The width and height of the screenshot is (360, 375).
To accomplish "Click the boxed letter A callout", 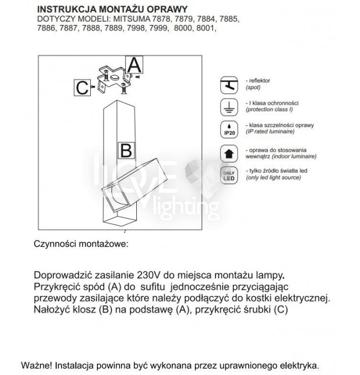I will coord(135,65).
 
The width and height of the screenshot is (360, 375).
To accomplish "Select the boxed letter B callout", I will coord(126,150).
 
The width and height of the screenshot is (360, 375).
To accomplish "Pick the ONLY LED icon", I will coord(229,174).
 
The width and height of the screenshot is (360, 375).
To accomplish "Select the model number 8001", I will coord(202,27).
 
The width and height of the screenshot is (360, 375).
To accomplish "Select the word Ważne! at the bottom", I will coord(37,366).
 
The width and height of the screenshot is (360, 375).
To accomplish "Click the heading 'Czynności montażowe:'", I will coord(80,244).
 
